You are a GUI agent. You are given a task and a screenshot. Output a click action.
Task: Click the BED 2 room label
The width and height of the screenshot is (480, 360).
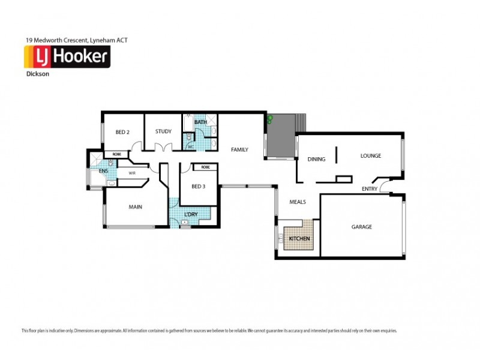point(122,132)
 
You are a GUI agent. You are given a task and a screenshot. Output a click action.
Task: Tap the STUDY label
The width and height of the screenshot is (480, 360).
point(163,131)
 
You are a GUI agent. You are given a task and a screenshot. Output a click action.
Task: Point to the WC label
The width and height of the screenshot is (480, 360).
point(190,146)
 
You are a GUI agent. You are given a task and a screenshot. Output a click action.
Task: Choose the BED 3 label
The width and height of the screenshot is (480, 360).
point(199,186)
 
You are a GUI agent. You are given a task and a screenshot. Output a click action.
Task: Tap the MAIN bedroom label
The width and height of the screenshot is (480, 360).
point(136,207)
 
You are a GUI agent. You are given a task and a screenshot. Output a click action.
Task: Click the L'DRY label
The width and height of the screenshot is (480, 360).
point(191,214)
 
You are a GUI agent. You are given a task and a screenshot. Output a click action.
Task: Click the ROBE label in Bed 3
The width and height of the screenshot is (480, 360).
point(205,167)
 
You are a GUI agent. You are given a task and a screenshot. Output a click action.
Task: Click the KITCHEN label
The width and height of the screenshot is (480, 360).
point(299,238)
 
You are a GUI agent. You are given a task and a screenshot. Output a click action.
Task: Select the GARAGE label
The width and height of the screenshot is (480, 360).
point(361,227)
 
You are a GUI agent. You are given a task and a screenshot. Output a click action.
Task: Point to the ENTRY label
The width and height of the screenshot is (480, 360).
point(370,190)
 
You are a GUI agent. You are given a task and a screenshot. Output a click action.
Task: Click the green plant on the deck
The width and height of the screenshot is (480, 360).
point(271,119)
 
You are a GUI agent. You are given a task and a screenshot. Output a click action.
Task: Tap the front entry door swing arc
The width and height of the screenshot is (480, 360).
point(378,180)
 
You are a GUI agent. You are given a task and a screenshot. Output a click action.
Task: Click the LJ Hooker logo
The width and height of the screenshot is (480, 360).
point(66,57)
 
